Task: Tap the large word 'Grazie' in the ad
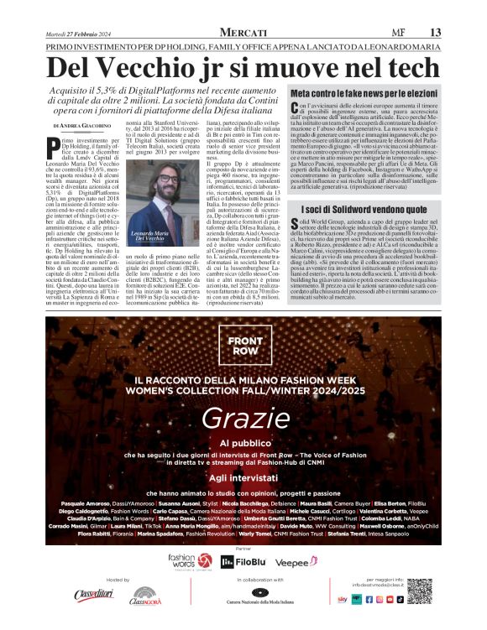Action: coord(243,418)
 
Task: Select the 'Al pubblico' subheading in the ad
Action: coord(243,441)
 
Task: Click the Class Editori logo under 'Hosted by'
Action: coord(92,595)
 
